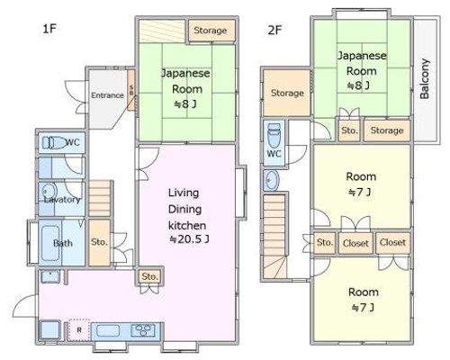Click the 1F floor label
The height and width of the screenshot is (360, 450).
49,29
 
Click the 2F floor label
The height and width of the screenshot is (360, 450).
274,30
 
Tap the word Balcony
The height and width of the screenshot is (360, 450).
425,78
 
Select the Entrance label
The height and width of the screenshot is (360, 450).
107,95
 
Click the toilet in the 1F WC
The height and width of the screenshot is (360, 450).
54,142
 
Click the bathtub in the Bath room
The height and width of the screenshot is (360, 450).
50,243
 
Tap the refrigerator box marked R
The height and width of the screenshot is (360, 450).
79,330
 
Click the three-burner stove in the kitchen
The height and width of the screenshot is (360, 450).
143,331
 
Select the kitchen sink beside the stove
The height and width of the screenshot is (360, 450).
108,331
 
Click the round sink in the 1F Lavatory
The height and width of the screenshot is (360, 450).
49,191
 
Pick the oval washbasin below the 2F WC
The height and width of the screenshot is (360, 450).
272,180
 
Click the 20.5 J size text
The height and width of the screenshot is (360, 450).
189,239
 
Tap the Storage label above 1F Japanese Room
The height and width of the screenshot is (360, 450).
211,31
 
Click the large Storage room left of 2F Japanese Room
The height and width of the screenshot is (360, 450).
287,93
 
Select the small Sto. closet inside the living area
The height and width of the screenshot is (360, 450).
149,276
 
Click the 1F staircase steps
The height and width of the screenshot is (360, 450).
99,198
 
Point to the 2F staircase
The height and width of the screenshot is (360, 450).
274,237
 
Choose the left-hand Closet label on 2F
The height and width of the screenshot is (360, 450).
355,243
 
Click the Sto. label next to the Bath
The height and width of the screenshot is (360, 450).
99,242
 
